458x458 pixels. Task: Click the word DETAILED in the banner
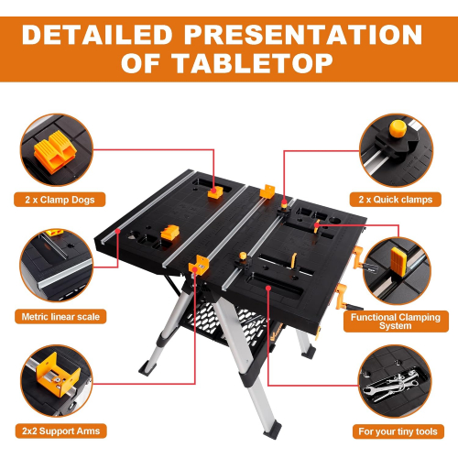(x=97, y=35)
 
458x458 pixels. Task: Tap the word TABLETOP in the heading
(x=253, y=63)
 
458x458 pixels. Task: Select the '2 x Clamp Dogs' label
(x=60, y=200)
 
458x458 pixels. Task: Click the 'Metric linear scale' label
(x=60, y=317)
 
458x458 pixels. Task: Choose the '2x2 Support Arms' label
(x=60, y=431)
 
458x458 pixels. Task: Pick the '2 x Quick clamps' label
(x=396, y=200)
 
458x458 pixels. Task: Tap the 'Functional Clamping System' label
(x=396, y=322)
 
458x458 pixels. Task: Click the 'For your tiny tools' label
(x=398, y=431)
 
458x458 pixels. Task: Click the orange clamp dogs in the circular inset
(x=55, y=152)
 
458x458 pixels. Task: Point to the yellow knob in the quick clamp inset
(x=398, y=128)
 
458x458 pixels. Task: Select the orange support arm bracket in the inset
(x=58, y=374)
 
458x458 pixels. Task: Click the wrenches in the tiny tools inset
(x=392, y=384)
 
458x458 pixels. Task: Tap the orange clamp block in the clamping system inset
(x=398, y=263)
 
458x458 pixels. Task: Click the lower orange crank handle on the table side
(x=343, y=296)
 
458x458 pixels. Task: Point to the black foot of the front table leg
(x=273, y=430)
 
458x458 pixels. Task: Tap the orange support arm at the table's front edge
(x=199, y=265)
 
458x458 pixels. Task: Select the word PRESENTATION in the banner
(x=303, y=35)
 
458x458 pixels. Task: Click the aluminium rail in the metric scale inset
(x=66, y=273)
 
